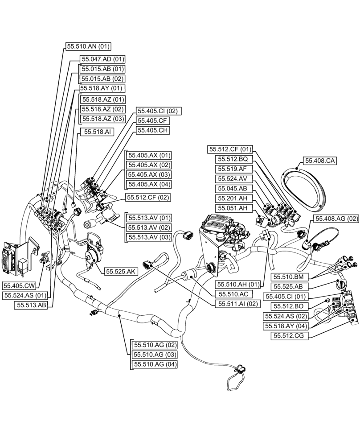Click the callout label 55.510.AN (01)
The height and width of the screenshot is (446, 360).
click(88, 46)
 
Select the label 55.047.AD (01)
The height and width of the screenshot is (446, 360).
click(102, 59)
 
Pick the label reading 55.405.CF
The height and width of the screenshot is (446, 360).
click(153, 120)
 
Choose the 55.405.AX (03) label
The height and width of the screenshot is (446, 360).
click(149, 174)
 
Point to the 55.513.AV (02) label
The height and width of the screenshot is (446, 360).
click(149, 227)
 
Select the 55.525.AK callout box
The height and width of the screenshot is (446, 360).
click(120, 271)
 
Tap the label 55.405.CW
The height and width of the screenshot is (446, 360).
click(19, 285)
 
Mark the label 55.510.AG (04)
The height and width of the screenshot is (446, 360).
click(154, 364)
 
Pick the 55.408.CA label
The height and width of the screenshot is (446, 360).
click(320, 161)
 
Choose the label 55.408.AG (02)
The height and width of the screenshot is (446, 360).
click(336, 219)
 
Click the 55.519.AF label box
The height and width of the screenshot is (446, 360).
click(232, 169)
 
